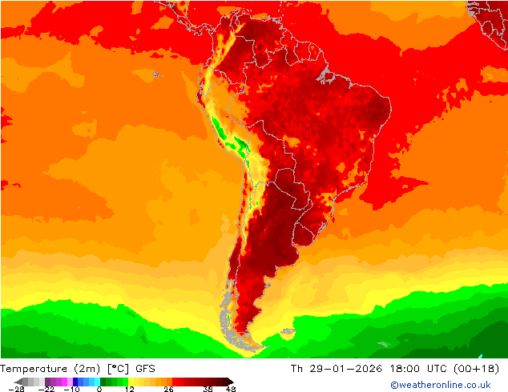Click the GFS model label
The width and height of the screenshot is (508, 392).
coord(146,369)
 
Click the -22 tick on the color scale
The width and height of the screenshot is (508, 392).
coord(46,389)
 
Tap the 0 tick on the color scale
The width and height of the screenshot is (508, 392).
coord(99,389)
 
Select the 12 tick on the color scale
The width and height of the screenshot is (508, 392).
coord(130,389)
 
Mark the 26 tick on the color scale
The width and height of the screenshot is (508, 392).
coord(169,389)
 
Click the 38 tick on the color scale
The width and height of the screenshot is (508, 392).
coord(208,389)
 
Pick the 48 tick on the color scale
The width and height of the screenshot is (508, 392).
coord(231,389)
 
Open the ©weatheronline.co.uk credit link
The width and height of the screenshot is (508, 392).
coord(440,386)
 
